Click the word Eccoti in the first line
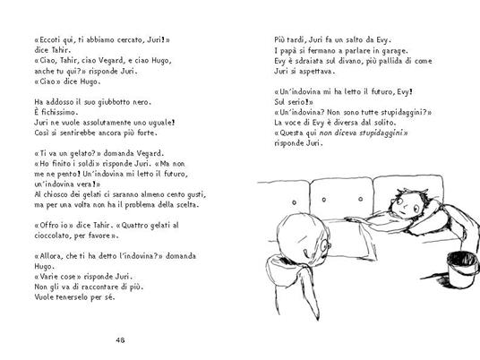click(x=48, y=41)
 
